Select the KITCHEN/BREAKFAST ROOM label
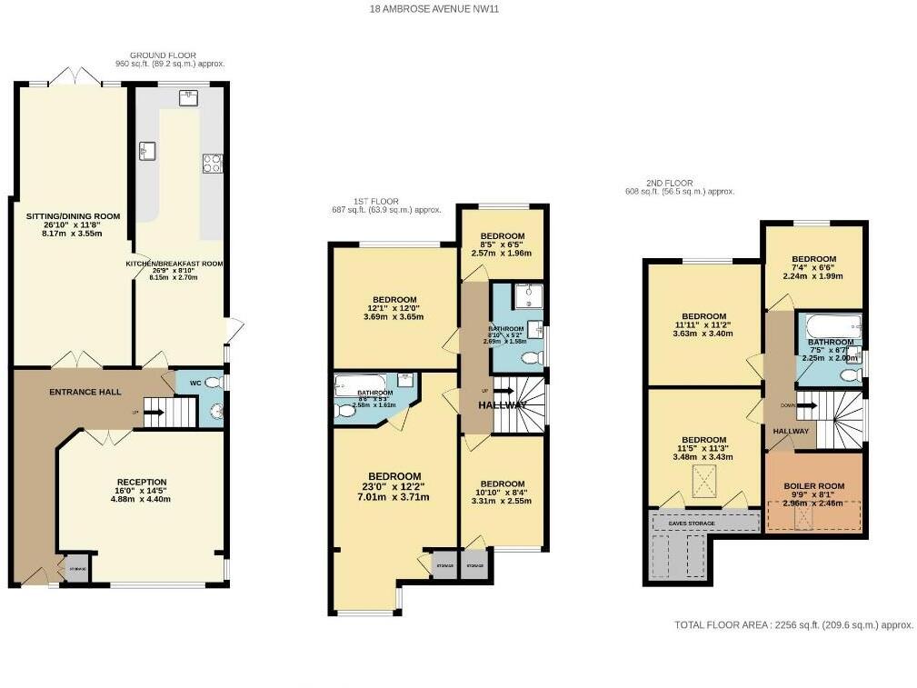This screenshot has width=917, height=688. coord(174,264)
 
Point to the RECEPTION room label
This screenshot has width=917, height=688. coord(141,482)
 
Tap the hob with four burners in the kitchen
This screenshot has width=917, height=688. coord(213,163)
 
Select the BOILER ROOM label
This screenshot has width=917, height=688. coord(813,486)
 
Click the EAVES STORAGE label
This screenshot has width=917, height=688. coord(703,523)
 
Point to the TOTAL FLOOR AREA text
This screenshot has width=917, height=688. coord(792,625)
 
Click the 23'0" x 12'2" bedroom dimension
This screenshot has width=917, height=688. coord(394,488)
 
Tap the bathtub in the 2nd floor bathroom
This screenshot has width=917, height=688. coord(828,323)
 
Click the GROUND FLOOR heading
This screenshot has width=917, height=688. coord(163,55)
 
